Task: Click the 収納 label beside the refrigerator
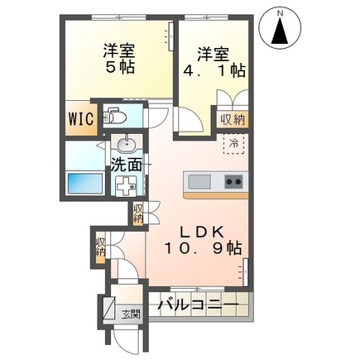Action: pyautogui.click(x=233, y=119)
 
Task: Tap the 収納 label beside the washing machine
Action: pyautogui.click(x=138, y=214)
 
